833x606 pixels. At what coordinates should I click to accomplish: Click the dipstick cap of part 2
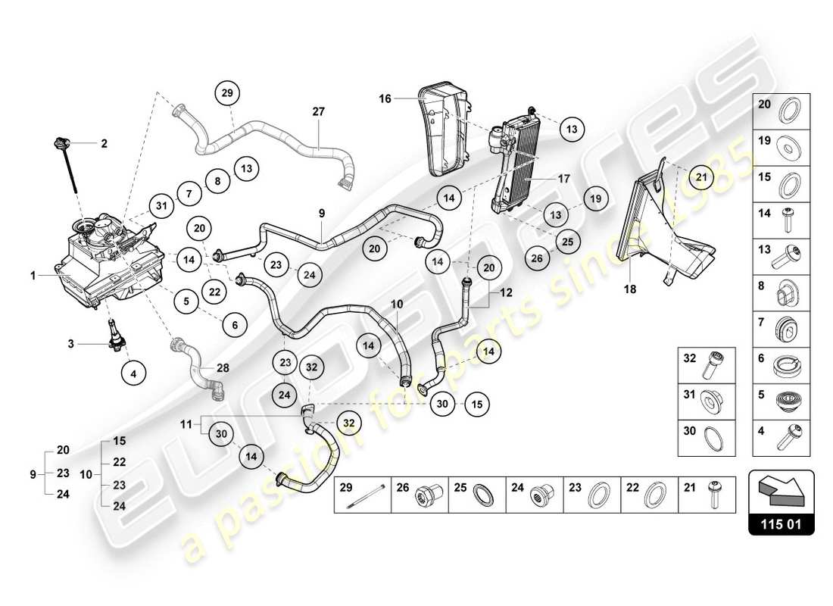click(x=61, y=142)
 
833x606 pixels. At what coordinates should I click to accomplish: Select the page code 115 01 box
click(x=781, y=523)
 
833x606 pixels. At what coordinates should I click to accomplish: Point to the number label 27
click(x=318, y=111)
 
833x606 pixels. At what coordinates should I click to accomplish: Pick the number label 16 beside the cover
click(x=386, y=98)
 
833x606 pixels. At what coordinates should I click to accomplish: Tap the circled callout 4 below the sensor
click(x=134, y=373)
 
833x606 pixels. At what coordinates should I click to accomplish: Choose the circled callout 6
click(x=235, y=324)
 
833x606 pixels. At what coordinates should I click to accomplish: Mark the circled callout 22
click(x=215, y=292)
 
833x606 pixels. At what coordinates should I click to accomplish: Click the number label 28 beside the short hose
click(x=223, y=367)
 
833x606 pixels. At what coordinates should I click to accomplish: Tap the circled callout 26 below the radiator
click(x=536, y=258)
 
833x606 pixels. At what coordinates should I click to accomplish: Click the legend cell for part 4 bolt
click(x=781, y=434)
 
